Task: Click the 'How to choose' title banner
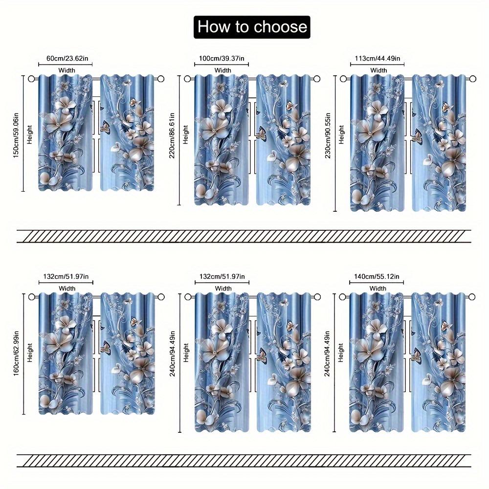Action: (x=252, y=26)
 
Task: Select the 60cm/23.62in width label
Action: (x=67, y=59)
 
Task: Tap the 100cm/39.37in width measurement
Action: (x=222, y=59)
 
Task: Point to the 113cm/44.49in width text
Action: (x=378, y=59)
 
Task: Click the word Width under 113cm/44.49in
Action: (x=378, y=70)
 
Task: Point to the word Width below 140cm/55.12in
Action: (x=378, y=289)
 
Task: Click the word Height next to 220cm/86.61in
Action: (x=185, y=134)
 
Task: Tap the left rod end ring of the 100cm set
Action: (x=187, y=79)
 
